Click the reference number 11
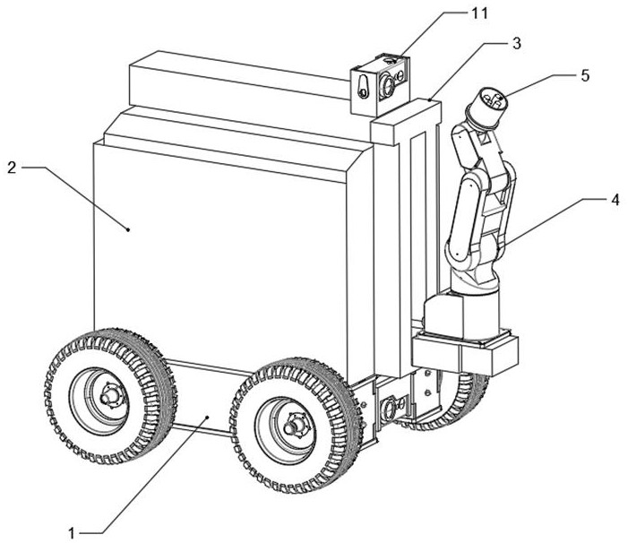[x=479, y=13]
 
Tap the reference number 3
[x=517, y=43]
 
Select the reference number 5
[x=585, y=75]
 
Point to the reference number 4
[x=615, y=200]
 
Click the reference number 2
[x=12, y=168]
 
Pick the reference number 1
[x=72, y=533]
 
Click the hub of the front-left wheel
[x=109, y=397]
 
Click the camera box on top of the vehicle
[x=380, y=84]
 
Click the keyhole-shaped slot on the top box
[x=363, y=86]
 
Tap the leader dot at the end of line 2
[x=128, y=229]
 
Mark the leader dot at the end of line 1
[x=207, y=417]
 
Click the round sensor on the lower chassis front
[x=389, y=409]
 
